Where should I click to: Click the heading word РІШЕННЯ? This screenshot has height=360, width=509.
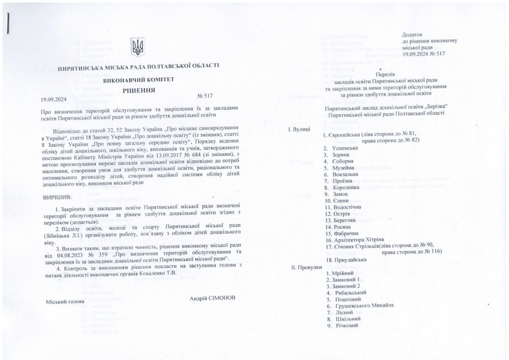point(139,90)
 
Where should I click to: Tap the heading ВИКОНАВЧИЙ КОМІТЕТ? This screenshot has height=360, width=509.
point(138,79)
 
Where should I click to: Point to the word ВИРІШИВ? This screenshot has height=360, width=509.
point(58,197)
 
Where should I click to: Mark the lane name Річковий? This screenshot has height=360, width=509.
point(345,325)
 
